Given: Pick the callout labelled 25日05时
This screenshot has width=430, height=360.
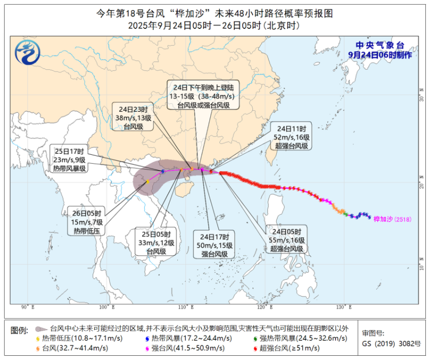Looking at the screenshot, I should click(156, 242).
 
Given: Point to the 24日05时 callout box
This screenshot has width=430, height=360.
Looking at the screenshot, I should click(286, 239).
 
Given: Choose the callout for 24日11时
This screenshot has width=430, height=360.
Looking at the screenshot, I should click(291, 137).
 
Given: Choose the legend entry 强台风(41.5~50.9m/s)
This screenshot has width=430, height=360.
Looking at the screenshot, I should click(186, 347).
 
